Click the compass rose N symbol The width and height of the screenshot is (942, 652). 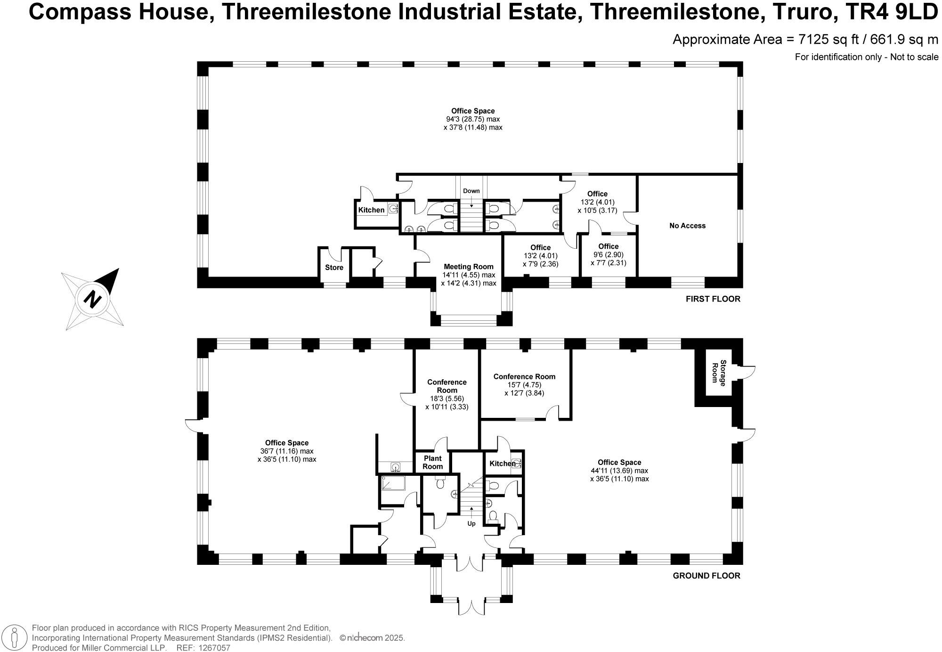(93, 299)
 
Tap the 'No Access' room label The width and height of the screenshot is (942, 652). (687, 226)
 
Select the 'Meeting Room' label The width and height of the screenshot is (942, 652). (468, 267)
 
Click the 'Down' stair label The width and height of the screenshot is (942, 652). (471, 191)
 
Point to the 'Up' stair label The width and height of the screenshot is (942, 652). (471, 523)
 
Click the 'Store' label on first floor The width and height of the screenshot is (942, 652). (334, 268)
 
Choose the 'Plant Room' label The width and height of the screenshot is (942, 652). (432, 462)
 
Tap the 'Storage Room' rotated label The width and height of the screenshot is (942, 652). (719, 372)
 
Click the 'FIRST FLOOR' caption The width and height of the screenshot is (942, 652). (713, 299)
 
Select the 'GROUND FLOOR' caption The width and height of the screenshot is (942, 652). (706, 575)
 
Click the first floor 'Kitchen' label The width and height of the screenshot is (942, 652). (371, 210)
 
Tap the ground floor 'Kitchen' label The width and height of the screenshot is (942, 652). (502, 464)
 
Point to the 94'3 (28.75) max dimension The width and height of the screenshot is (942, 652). (473, 119)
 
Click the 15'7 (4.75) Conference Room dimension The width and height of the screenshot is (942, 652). (524, 384)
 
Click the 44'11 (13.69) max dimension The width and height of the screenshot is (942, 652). (619, 471)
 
